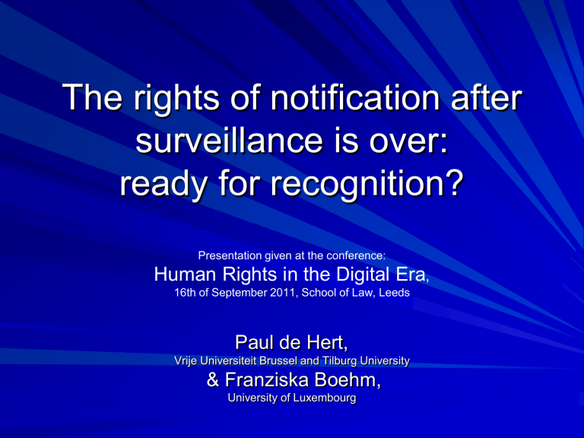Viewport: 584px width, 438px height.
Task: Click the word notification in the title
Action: click(355, 97)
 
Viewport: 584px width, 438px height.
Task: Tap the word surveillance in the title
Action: click(229, 141)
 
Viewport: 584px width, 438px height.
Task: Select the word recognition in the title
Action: click(354, 184)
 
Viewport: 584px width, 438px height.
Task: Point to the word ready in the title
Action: click(163, 184)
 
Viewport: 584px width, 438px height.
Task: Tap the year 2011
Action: click(282, 292)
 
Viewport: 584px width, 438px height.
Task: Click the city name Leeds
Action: click(394, 292)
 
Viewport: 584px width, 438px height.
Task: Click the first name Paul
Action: click(252, 342)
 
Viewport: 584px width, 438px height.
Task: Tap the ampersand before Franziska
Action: click(213, 379)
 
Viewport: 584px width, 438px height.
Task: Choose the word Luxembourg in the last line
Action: click(325, 398)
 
